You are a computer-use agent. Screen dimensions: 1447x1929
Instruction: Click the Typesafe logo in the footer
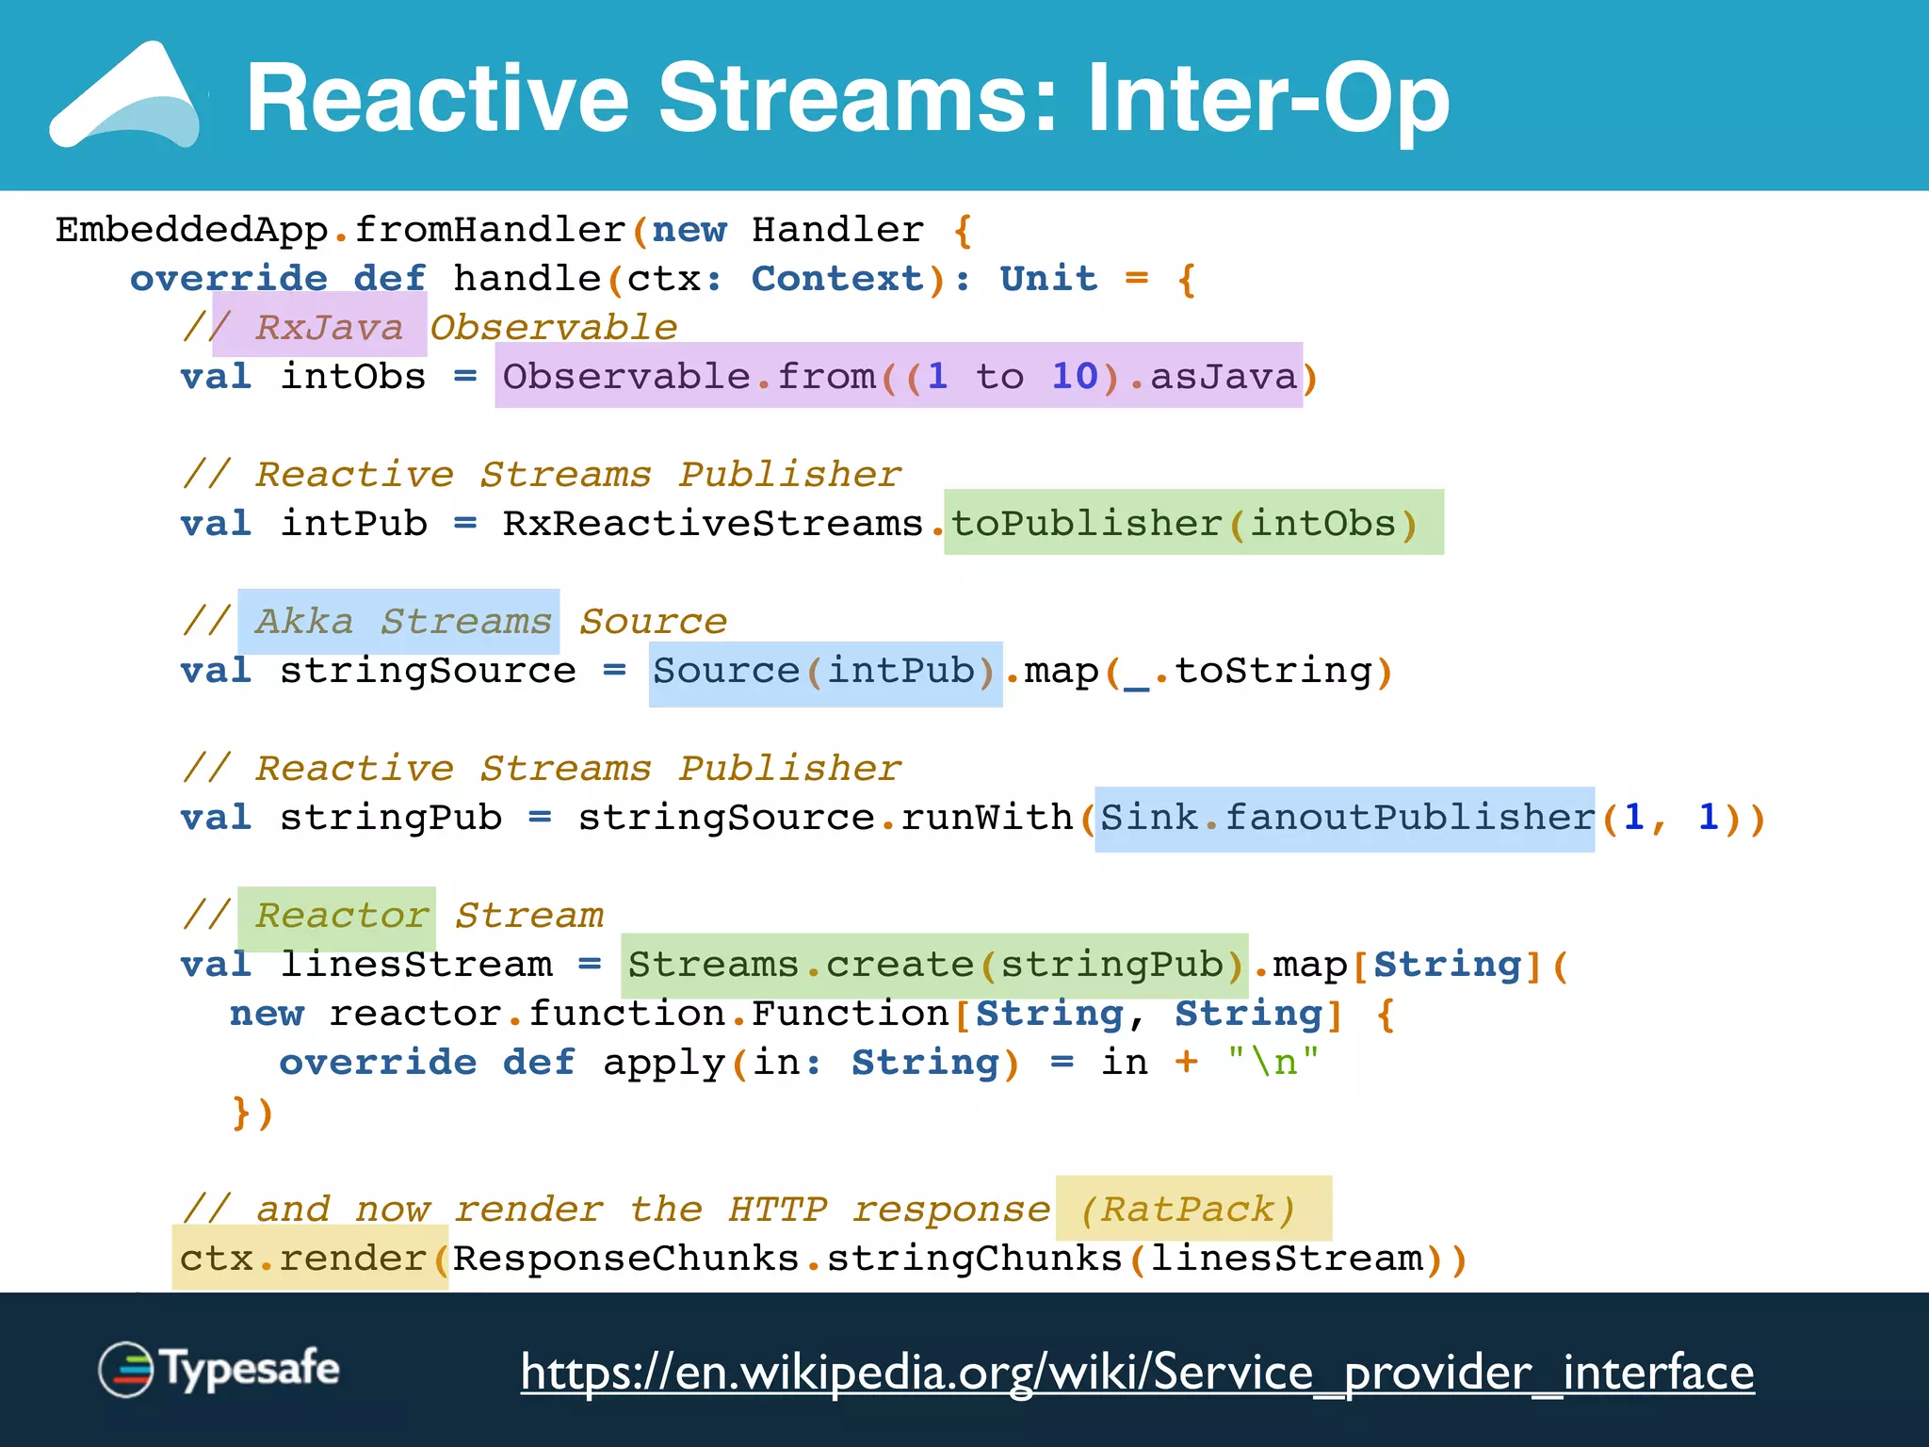[x=219, y=1369]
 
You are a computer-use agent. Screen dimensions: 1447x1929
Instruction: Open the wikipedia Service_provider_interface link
[x=1137, y=1372]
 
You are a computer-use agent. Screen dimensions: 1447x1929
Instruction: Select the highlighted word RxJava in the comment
[x=328, y=327]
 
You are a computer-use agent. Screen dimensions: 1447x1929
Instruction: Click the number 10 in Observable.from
[x=1074, y=376]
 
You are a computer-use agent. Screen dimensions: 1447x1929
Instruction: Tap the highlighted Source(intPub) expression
[x=823, y=671]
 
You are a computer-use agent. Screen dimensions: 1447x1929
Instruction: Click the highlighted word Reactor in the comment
[x=341, y=916]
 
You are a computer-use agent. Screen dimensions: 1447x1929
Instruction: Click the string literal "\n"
[x=1272, y=1063]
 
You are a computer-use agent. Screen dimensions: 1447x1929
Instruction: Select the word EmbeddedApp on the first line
[x=191, y=229]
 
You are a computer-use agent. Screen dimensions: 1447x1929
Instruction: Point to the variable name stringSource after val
[x=428, y=671]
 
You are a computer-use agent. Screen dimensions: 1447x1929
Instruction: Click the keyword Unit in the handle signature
[x=1047, y=278]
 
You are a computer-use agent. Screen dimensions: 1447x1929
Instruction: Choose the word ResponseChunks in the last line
[x=625, y=1259]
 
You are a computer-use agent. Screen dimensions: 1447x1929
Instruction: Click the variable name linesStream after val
[x=416, y=965]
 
